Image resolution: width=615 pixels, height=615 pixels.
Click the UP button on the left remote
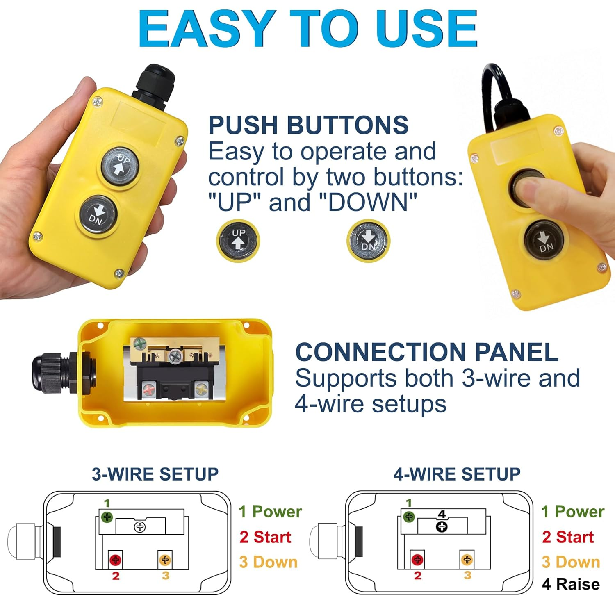(x=120, y=166)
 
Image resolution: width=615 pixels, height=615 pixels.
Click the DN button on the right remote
(x=544, y=241)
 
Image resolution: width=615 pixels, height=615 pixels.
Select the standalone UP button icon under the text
(x=238, y=241)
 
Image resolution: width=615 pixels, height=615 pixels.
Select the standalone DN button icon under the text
(x=368, y=241)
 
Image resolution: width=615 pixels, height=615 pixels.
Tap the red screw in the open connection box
(x=148, y=388)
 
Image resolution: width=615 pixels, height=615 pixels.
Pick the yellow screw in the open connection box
(x=200, y=388)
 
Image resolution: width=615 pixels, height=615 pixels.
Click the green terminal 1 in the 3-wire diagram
(x=107, y=517)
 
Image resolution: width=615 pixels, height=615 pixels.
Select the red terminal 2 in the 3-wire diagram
(x=116, y=560)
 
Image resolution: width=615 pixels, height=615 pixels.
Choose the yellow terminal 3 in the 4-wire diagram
(x=467, y=560)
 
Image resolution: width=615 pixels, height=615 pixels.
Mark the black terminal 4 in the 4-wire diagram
(x=442, y=526)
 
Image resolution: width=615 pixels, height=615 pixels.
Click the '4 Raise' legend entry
(x=571, y=584)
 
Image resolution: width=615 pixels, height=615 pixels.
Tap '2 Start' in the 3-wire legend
(x=265, y=537)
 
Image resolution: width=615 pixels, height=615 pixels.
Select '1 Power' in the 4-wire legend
(x=572, y=512)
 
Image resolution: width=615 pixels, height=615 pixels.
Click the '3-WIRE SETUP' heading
(x=155, y=474)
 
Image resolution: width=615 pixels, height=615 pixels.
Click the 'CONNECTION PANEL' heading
(x=426, y=352)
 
